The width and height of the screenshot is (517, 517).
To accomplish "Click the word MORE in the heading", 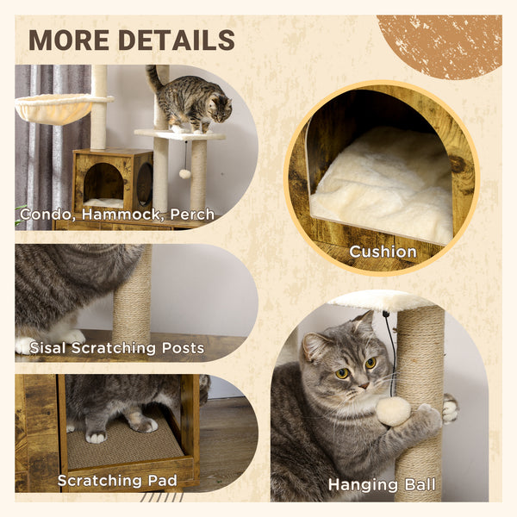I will (67, 40).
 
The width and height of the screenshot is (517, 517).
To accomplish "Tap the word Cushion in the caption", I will (383, 252).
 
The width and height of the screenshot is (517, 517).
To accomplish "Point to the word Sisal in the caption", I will (50, 348).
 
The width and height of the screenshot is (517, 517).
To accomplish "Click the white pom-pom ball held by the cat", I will (393, 411).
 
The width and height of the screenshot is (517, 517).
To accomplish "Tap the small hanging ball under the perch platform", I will (184, 173).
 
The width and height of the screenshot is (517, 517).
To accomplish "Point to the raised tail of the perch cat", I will (153, 78).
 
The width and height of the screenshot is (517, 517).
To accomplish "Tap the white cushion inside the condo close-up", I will (383, 190).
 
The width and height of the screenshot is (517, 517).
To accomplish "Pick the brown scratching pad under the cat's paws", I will (125, 444).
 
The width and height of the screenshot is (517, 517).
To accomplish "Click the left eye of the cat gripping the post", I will (341, 372).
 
